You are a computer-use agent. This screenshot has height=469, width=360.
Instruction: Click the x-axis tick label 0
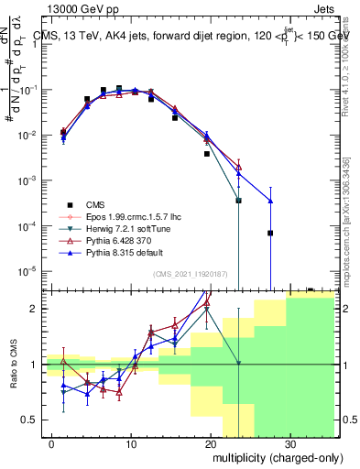click(52, 442)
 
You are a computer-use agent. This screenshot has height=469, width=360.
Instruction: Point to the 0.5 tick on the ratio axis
click(30, 420)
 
